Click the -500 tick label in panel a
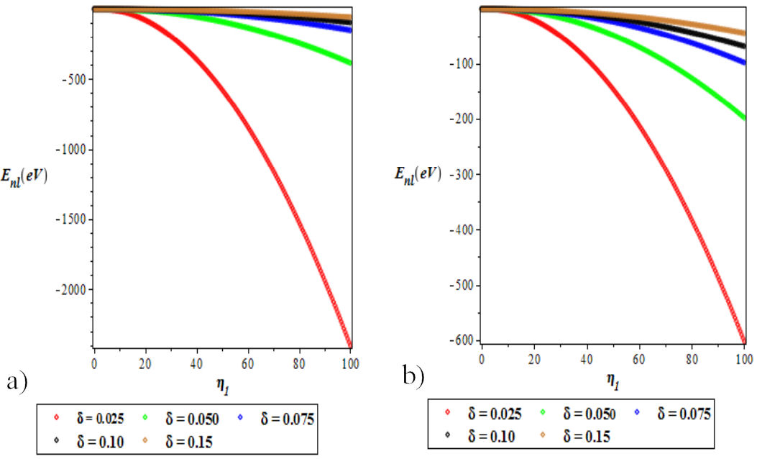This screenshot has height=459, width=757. pos(75,80)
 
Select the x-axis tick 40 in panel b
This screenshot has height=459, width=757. pos(587,358)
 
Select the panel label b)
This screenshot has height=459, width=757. pos(413,376)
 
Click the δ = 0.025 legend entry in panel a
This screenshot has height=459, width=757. pos(88,417)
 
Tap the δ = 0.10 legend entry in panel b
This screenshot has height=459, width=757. pos(480,435)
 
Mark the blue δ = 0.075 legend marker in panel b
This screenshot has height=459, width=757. pos(638,412)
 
